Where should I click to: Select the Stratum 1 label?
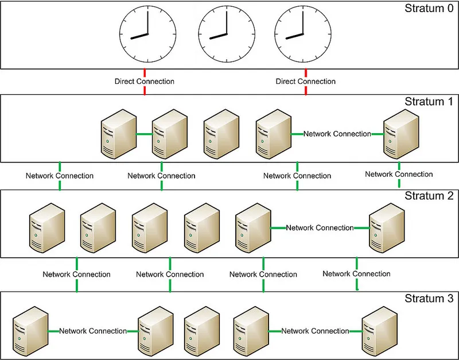click(429, 102)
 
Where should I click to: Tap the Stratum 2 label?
click(429, 196)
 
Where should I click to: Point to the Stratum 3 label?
click(429, 299)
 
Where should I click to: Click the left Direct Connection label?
click(145, 82)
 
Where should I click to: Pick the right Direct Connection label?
click(306, 82)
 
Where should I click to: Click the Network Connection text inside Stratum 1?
click(337, 134)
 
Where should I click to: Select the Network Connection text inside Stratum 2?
click(320, 228)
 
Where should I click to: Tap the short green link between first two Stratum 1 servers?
click(144, 135)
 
